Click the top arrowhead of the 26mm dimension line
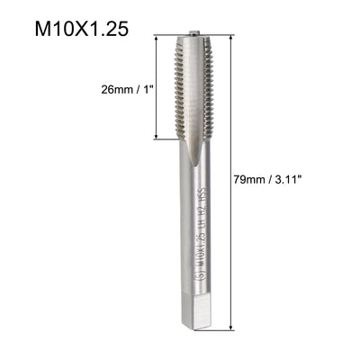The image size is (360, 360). tap(162, 39)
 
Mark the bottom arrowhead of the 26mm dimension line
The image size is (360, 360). tap(162, 137)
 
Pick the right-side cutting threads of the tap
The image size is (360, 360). tap(209, 90)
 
